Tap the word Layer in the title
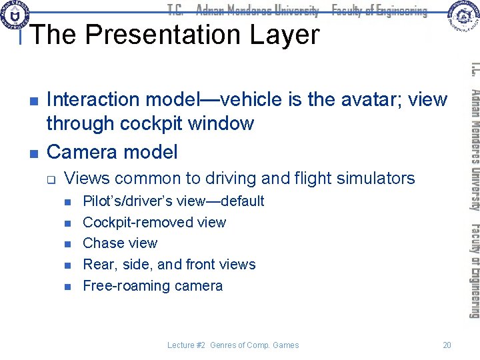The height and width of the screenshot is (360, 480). pos(287,35)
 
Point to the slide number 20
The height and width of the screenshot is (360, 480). pos(447,345)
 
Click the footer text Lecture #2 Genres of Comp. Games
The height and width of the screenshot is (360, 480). pos(233,345)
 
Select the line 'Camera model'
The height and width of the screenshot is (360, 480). pos(112,152)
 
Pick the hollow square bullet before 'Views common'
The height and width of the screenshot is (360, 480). pos(51,179)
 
